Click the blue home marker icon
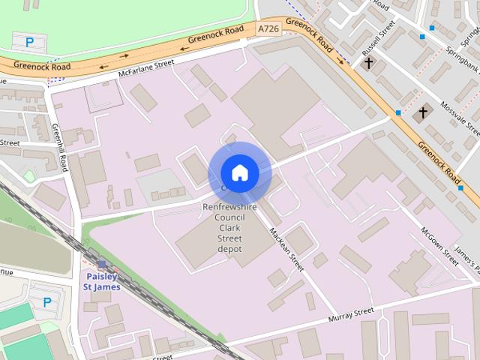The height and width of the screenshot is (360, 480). (239, 173)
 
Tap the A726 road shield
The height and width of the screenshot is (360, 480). (268, 28)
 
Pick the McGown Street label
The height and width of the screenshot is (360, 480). (439, 244)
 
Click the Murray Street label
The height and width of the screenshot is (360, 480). (350, 316)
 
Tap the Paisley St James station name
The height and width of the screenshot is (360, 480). (101, 281)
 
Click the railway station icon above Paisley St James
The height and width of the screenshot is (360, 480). (101, 264)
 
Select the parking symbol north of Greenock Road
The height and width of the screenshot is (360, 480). (29, 43)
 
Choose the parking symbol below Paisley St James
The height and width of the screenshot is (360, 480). (47, 302)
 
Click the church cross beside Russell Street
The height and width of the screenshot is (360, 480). (367, 63)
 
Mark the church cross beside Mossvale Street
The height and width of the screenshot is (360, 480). (423, 112)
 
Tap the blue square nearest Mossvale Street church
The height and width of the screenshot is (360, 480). (397, 113)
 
